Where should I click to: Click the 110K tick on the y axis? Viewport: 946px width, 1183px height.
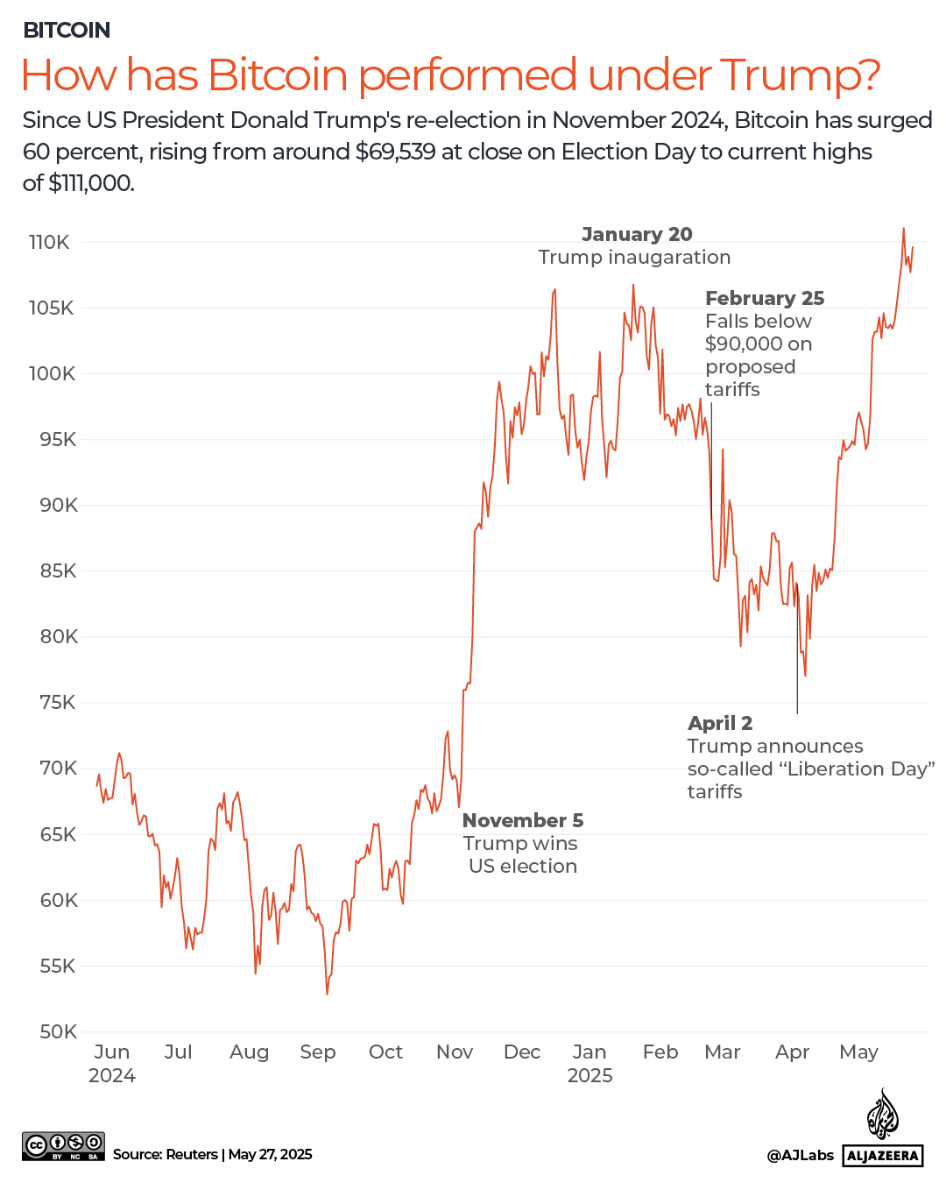pyautogui.click(x=49, y=243)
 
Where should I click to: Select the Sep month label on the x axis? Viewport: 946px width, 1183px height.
pyautogui.click(x=317, y=1052)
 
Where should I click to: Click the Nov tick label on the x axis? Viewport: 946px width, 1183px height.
pyautogui.click(x=454, y=1052)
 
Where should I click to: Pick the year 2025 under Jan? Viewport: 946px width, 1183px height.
pyautogui.click(x=589, y=1076)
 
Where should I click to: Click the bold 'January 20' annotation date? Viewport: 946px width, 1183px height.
pyautogui.click(x=637, y=235)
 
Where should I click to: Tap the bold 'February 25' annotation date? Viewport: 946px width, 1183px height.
pyautogui.click(x=764, y=299)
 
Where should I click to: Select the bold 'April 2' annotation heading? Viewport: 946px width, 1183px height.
pyautogui.click(x=719, y=724)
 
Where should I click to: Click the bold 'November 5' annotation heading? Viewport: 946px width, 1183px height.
pyautogui.click(x=522, y=821)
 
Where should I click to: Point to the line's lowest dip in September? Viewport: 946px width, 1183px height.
pyautogui.click(x=327, y=993)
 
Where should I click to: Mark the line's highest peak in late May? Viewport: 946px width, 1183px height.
pyautogui.click(x=903, y=229)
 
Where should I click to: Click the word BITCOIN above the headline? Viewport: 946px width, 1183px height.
pyautogui.click(x=67, y=31)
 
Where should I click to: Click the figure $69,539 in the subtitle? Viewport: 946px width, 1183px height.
pyautogui.click(x=395, y=152)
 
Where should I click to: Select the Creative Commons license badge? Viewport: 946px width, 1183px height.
pyautogui.click(x=63, y=1146)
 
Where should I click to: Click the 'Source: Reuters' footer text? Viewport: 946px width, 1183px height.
pyautogui.click(x=165, y=1155)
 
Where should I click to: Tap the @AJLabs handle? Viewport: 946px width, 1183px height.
pyautogui.click(x=800, y=1156)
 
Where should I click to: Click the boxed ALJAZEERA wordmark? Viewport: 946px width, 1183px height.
pyautogui.click(x=883, y=1156)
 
